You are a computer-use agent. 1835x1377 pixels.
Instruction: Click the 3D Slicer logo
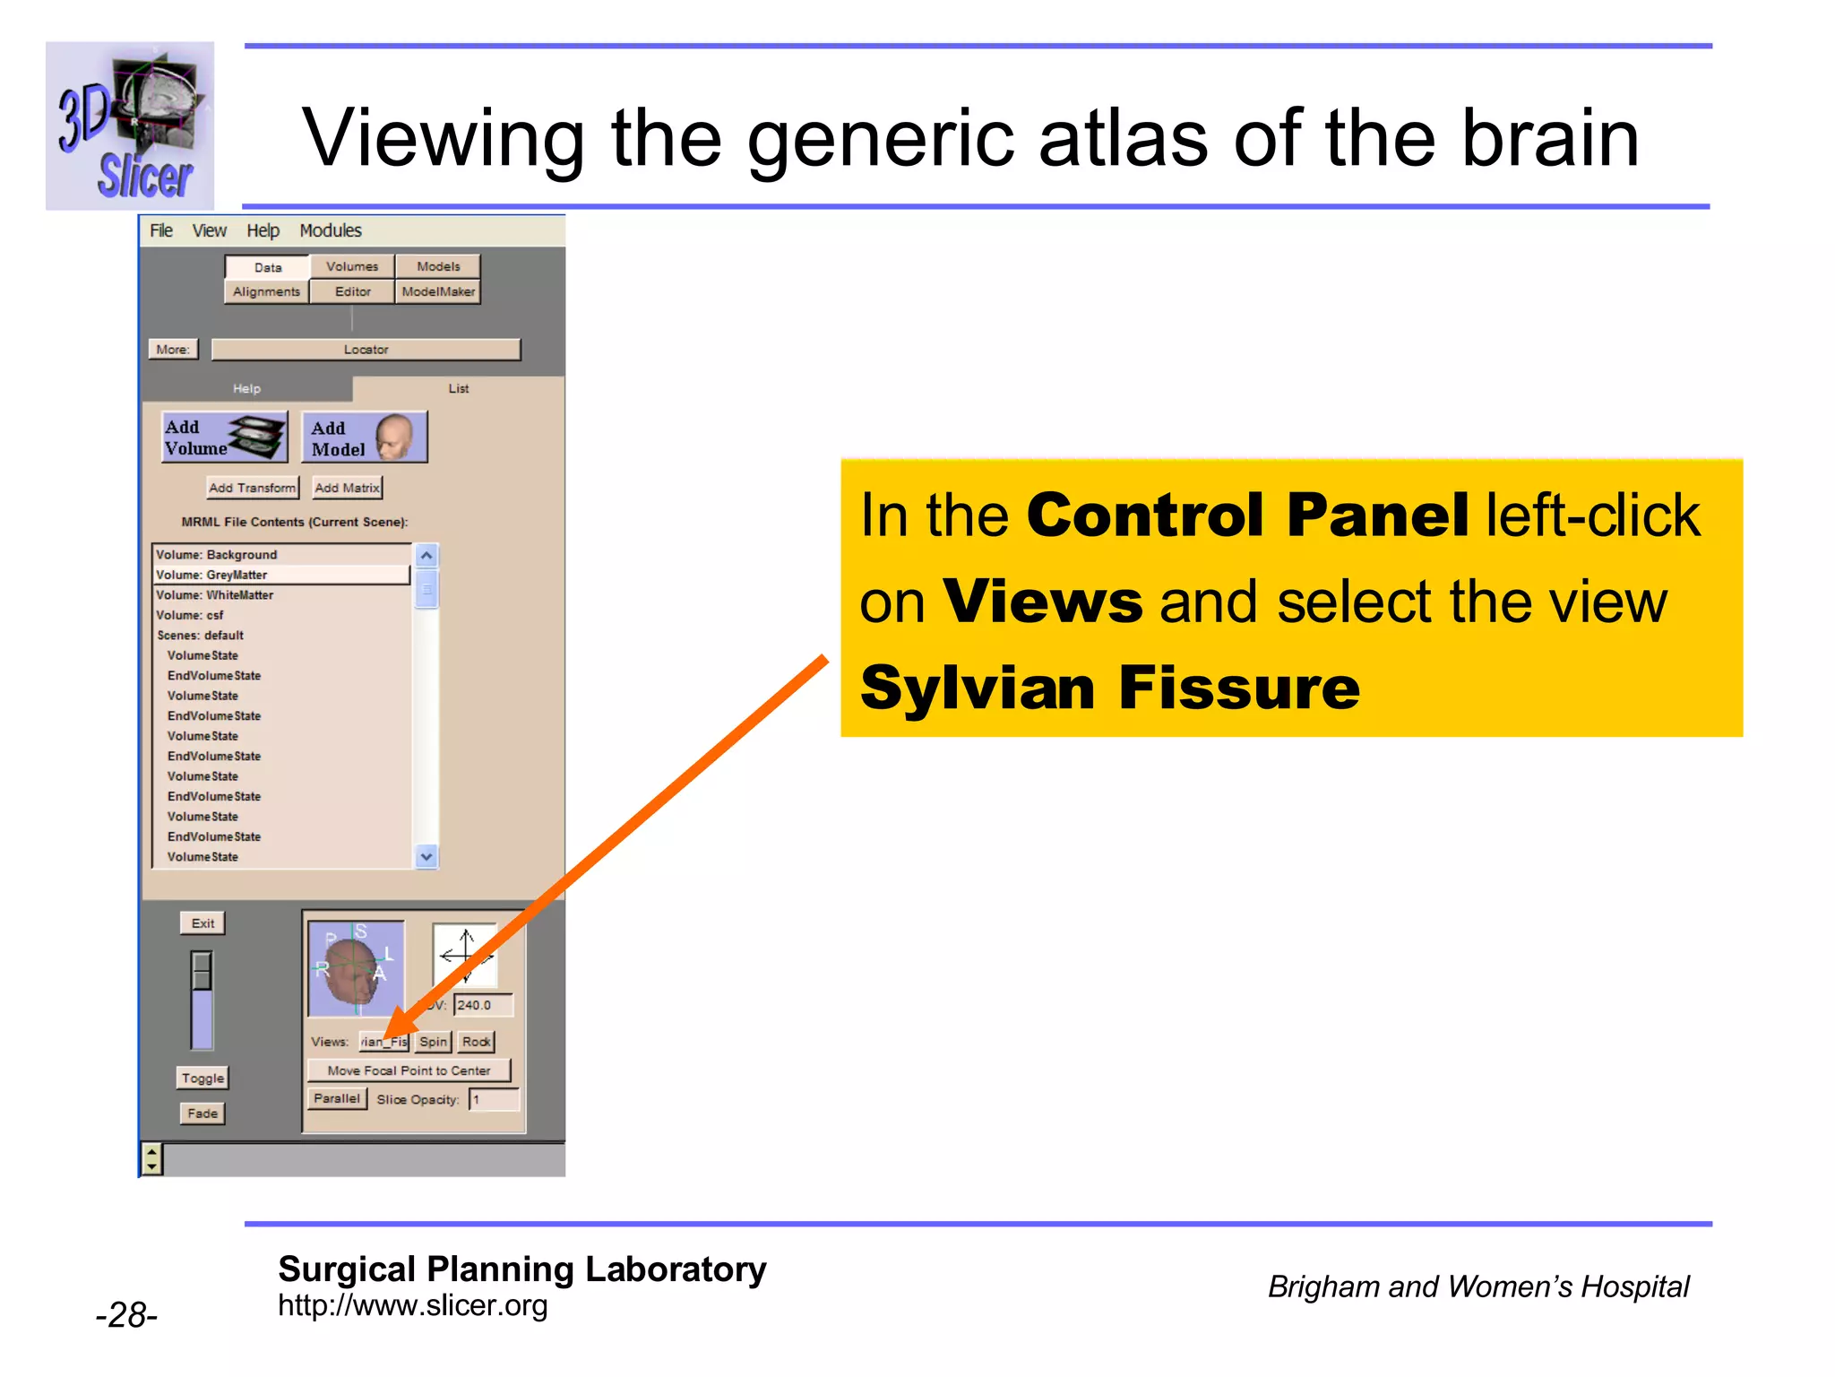130,126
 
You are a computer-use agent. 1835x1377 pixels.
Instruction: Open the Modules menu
330,230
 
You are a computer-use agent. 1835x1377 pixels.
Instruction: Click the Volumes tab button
352,266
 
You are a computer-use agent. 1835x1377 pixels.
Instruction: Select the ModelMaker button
438,291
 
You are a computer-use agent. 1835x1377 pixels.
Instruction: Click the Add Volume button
225,437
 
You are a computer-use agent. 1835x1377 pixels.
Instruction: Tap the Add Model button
365,437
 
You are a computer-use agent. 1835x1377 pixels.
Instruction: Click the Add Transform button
252,488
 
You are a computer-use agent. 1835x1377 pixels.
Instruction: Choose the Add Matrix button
348,488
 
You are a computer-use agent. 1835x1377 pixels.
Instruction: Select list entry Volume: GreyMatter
211,575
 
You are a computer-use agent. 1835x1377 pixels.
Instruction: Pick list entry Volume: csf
190,615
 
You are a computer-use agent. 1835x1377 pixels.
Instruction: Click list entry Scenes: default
200,636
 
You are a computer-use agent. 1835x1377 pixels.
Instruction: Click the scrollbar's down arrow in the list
426,857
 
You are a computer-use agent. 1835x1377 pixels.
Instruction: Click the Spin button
433,1042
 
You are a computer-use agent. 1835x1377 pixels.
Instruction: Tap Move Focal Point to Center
409,1070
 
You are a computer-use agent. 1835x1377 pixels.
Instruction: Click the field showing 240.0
483,1005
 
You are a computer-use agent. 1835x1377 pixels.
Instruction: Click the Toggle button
202,1078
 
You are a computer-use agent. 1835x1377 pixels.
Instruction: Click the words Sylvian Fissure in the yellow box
1109,688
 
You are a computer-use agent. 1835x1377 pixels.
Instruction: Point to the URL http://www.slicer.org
412,1305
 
